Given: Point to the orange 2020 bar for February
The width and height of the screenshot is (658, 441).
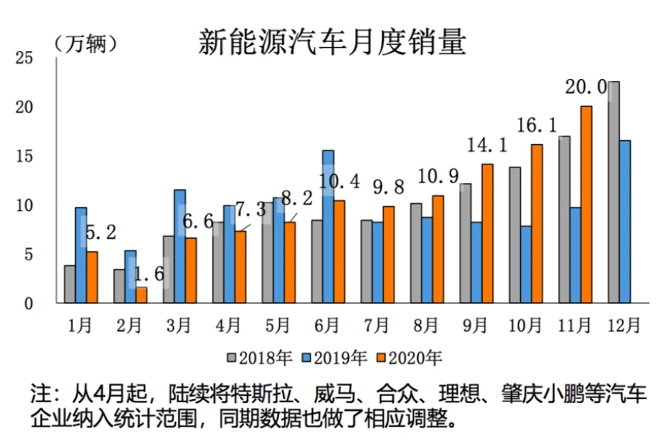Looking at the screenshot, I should [x=141, y=295].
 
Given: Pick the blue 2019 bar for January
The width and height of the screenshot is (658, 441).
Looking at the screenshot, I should [x=81, y=255].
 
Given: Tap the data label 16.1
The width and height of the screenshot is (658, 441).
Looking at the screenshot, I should [x=537, y=126].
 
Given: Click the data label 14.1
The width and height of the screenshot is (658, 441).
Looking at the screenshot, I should [x=487, y=146].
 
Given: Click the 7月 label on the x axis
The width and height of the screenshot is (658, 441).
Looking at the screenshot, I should [x=377, y=325].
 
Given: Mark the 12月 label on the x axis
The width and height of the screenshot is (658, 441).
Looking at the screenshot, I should [x=625, y=325].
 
